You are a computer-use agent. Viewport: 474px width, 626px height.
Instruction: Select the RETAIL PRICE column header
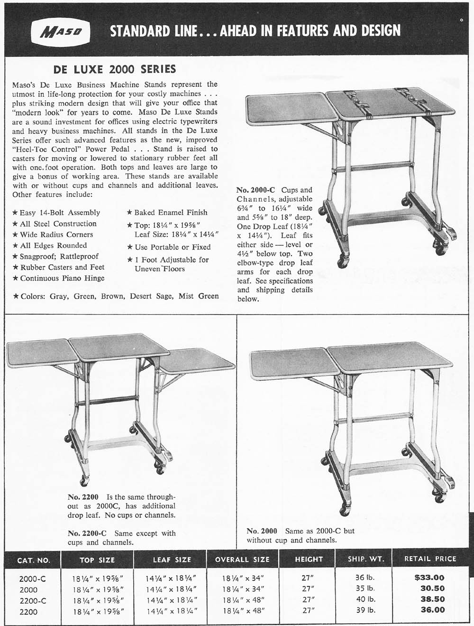pyautogui.click(x=430, y=559)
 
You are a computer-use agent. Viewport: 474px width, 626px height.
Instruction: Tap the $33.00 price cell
pyautogui.click(x=429, y=578)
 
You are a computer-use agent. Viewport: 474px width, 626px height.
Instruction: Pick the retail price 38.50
pyautogui.click(x=433, y=599)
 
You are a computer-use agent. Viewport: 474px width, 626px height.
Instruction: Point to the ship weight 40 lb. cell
pyautogui.click(x=365, y=599)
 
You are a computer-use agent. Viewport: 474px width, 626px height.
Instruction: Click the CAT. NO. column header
pyautogui.click(x=33, y=560)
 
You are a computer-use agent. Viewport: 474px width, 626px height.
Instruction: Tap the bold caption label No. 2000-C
pyautogui.click(x=255, y=190)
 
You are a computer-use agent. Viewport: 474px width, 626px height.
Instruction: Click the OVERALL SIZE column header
pyautogui.click(x=242, y=560)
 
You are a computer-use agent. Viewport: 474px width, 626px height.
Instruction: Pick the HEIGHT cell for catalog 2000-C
pyautogui.click(x=308, y=578)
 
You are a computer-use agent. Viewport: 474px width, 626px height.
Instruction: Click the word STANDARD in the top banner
pyautogui.click(x=139, y=31)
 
